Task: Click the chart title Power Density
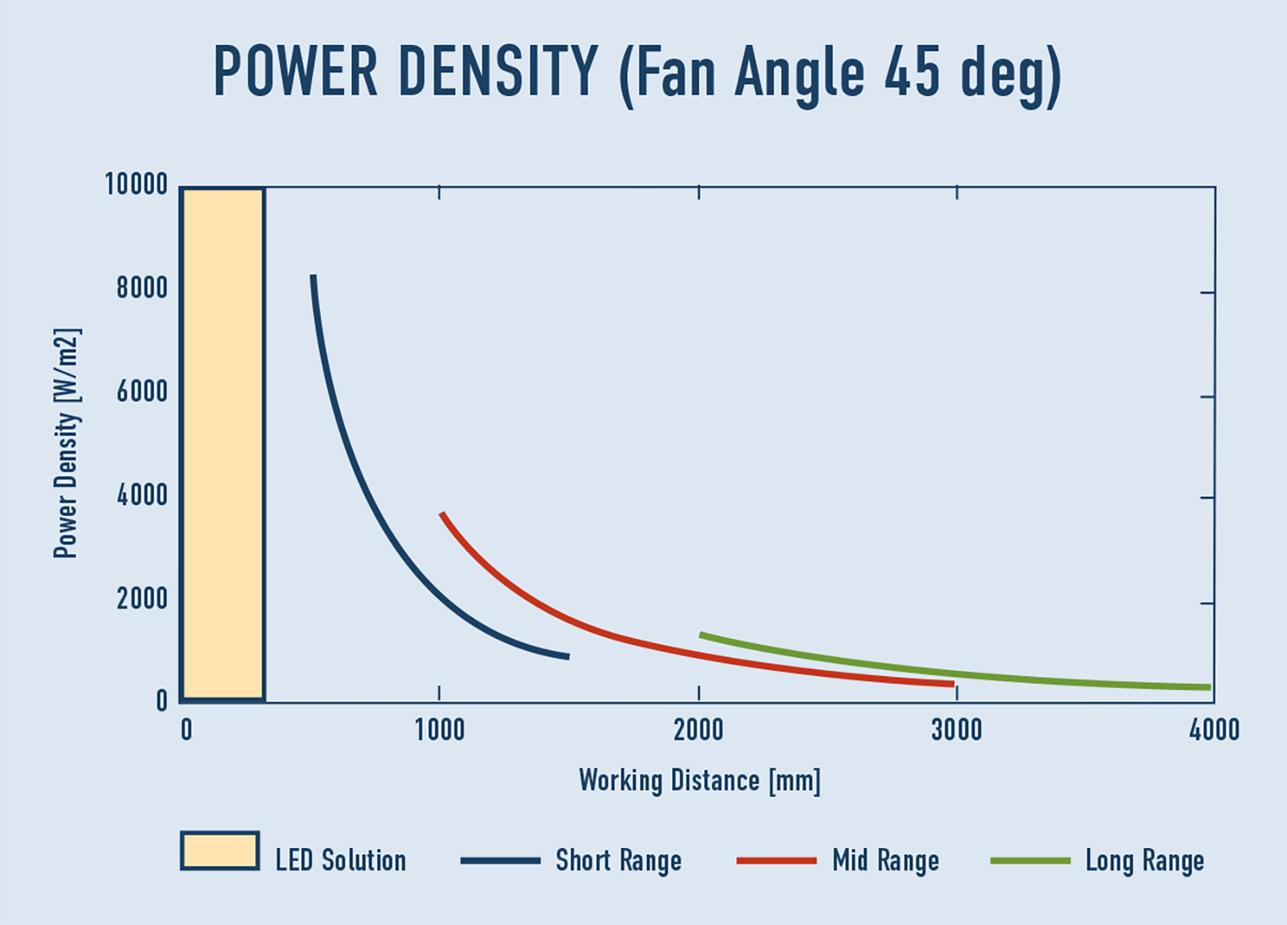[637, 73]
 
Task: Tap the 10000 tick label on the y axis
[136, 185]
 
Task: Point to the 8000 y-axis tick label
[142, 288]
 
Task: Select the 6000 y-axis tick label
[142, 392]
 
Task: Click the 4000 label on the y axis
[142, 495]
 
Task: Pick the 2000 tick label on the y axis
[142, 599]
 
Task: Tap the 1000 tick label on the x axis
[439, 730]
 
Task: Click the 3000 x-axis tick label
[957, 730]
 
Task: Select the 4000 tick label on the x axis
[1214, 730]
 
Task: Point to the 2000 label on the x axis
[698, 730]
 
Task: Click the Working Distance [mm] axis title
[699, 781]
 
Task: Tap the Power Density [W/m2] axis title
[67, 443]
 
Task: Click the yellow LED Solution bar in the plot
[224, 445]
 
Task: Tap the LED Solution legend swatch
[220, 850]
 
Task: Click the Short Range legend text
[618, 861]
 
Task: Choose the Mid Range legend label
[885, 861]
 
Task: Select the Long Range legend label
[1144, 861]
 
